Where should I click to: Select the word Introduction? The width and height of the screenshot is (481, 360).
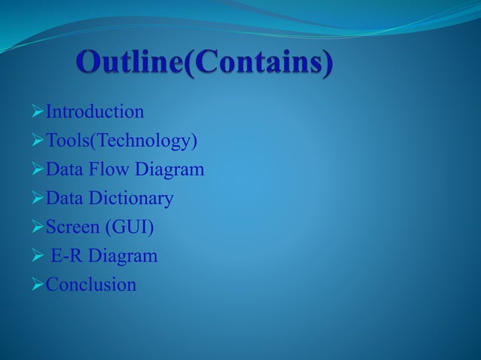pyautogui.click(x=95, y=113)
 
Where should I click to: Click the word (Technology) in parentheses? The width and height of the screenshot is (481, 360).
pyautogui.click(x=145, y=142)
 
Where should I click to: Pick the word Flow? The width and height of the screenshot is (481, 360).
pyautogui.click(x=109, y=170)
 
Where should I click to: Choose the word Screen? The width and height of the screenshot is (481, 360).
pyautogui.click(x=72, y=227)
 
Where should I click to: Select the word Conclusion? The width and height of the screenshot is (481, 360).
pyautogui.click(x=91, y=285)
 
